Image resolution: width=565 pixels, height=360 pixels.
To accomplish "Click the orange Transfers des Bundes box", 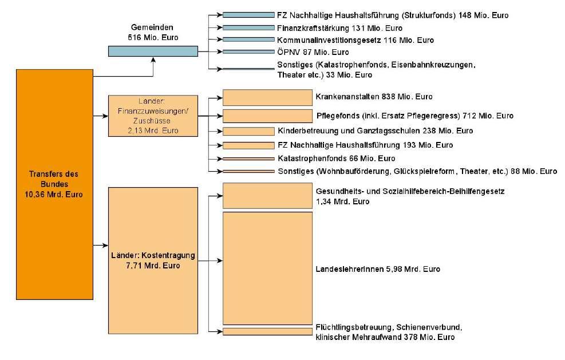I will click(x=55, y=184).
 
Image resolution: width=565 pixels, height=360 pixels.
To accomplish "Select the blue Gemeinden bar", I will click(x=153, y=51).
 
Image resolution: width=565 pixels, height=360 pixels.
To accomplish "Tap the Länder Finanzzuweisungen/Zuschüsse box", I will click(x=152, y=115).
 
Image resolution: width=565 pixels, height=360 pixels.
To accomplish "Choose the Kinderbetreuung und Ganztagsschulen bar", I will click(x=248, y=131).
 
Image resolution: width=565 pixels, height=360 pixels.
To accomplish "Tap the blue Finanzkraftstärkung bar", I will click(x=248, y=27).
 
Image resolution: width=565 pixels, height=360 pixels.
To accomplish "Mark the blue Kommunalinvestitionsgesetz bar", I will click(x=248, y=39).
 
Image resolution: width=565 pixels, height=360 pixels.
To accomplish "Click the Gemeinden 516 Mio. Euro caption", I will click(x=153, y=33).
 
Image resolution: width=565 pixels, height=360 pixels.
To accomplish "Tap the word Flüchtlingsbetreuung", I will click(x=353, y=327).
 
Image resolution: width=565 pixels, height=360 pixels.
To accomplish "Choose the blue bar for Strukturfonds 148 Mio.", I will click(x=248, y=15).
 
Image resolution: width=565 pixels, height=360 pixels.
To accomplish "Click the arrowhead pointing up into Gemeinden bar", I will click(x=153, y=60).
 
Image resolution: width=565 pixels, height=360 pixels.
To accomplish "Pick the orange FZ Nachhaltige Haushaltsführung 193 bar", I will click(x=248, y=145).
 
